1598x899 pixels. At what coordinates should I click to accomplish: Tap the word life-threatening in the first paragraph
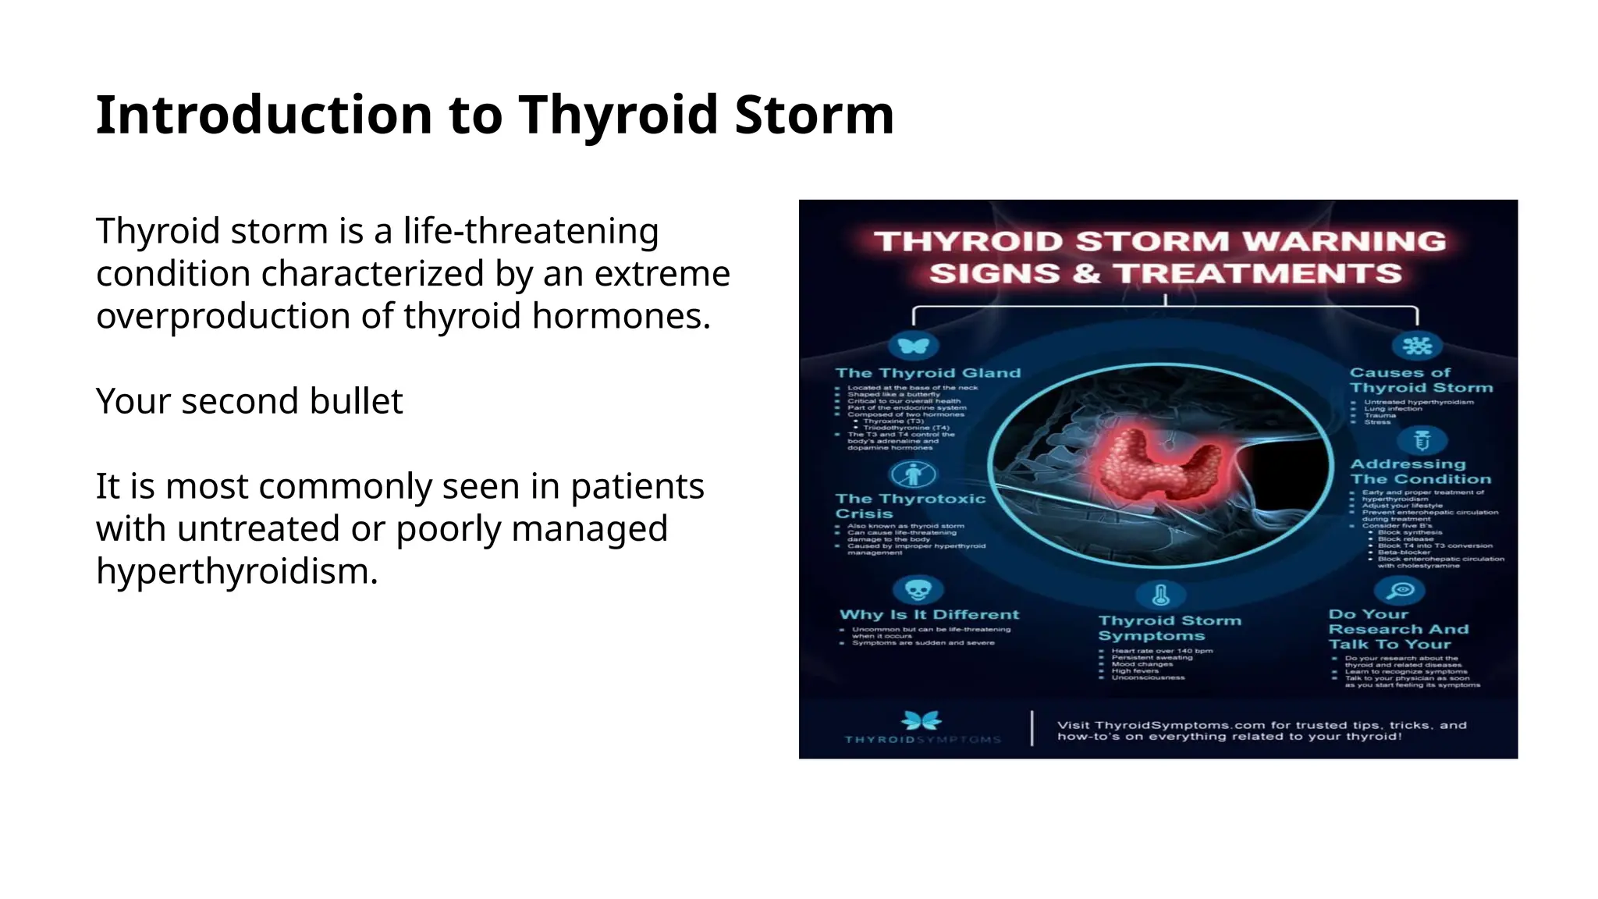[531, 232]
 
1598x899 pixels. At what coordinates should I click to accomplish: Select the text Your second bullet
[249, 401]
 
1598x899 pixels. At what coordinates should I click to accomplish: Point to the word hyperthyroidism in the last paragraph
[236, 571]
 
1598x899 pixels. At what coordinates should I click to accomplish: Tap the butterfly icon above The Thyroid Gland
[913, 345]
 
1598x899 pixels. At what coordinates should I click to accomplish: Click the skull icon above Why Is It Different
[918, 590]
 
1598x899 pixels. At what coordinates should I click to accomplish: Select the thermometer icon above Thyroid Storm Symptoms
[1160, 595]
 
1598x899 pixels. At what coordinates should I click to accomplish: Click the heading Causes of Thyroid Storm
[1420, 380]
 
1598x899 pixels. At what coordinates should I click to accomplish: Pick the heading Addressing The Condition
[1420, 471]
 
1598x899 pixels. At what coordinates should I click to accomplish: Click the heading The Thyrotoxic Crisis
[910, 506]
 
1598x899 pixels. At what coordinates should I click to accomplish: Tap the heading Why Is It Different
[929, 615]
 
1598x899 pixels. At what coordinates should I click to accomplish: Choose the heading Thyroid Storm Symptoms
[1169, 627]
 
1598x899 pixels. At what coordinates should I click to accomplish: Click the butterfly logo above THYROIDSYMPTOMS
[922, 720]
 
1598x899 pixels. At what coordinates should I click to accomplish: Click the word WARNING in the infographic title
[1344, 241]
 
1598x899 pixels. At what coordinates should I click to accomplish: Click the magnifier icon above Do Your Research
[1401, 590]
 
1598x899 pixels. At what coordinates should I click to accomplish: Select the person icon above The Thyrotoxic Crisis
[913, 474]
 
